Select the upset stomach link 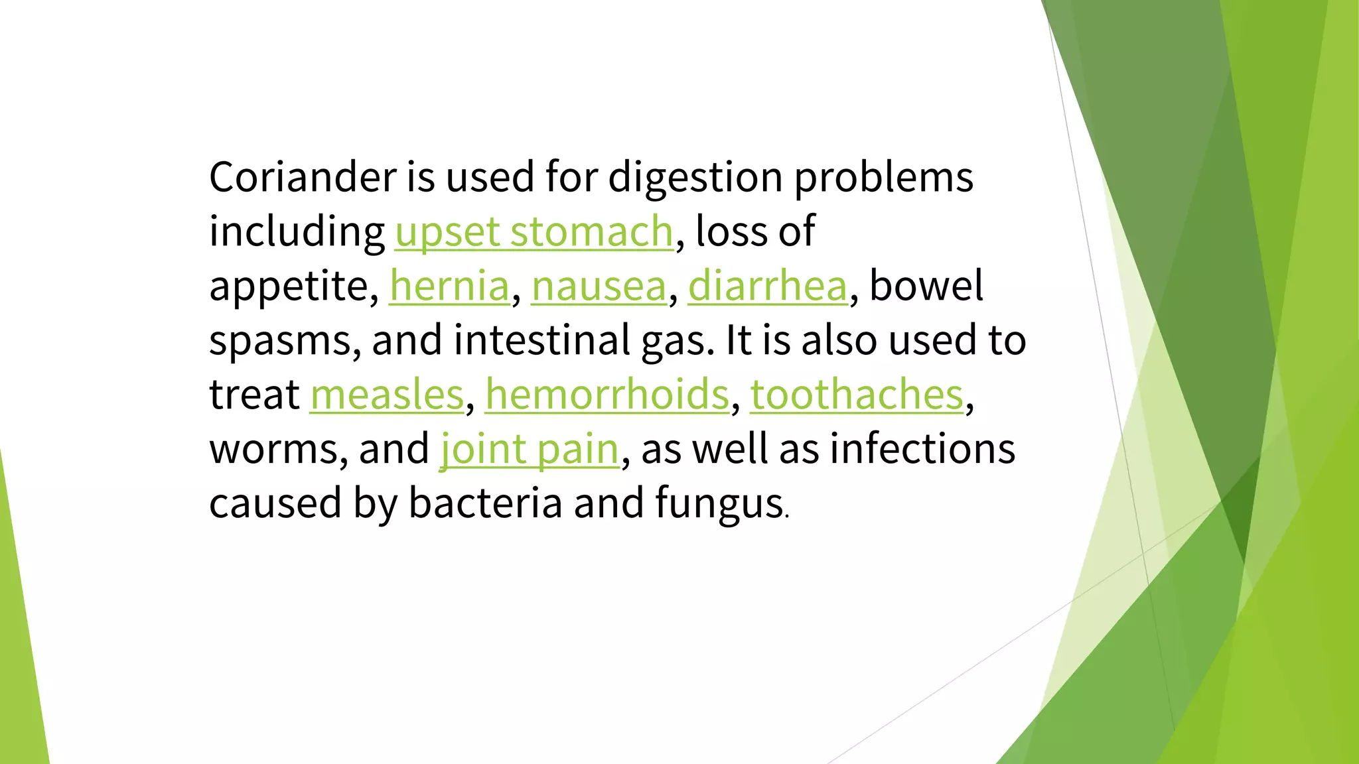[x=534, y=232]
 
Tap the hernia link [x=449, y=286]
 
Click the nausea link [x=599, y=286]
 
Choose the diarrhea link [x=768, y=286]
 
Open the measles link [x=387, y=395]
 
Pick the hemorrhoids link [x=607, y=395]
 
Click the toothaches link [x=857, y=395]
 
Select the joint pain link [x=530, y=450]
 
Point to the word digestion [x=695, y=178]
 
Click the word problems [x=884, y=178]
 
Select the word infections [x=922, y=450]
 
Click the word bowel [x=926, y=286]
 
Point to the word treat [x=254, y=395]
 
